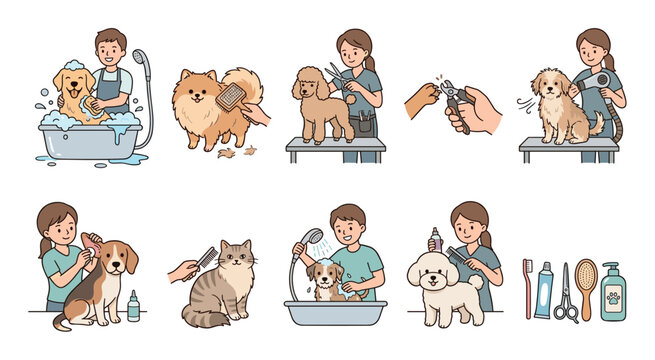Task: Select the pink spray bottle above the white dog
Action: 436,241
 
